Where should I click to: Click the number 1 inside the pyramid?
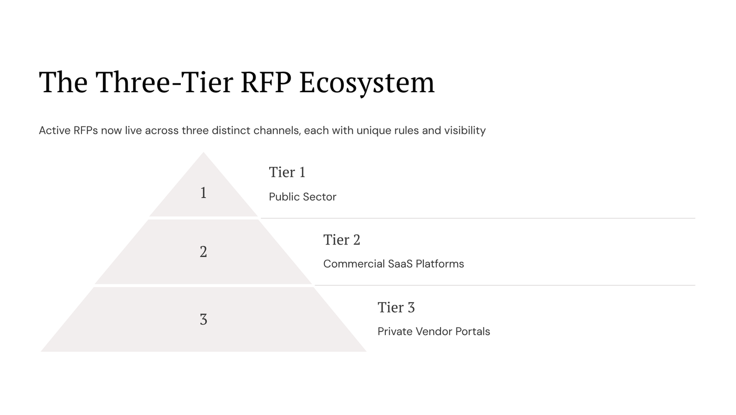pos(203,193)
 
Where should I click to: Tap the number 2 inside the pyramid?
pos(203,252)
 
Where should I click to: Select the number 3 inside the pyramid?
pos(203,319)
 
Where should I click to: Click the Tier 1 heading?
pos(287,172)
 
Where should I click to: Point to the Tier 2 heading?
pos(342,240)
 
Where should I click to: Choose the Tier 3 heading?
pos(396,307)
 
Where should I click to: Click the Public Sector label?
pos(302,197)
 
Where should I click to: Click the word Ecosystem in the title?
pos(367,82)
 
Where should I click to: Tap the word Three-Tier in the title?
pos(164,82)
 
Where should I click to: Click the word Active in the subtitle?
pos(55,130)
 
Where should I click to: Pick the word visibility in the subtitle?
pos(465,130)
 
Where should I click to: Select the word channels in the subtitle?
pos(277,130)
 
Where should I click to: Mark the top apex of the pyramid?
pos(203,153)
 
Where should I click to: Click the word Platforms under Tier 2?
pos(439,264)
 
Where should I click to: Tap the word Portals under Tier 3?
pos(472,331)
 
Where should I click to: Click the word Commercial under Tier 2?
pos(354,264)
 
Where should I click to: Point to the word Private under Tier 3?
pos(395,331)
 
